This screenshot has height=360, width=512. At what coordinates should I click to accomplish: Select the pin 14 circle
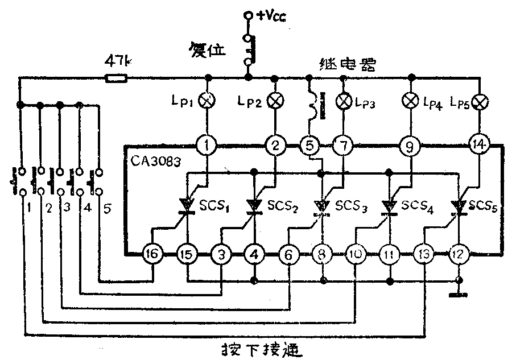[x=479, y=146]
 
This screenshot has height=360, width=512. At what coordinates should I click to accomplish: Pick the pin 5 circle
[x=310, y=147]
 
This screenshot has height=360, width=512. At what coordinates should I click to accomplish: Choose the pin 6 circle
[x=289, y=255]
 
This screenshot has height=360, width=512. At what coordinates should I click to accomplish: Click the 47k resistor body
[x=116, y=77]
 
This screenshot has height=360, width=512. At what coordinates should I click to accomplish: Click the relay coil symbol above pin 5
[x=311, y=106]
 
